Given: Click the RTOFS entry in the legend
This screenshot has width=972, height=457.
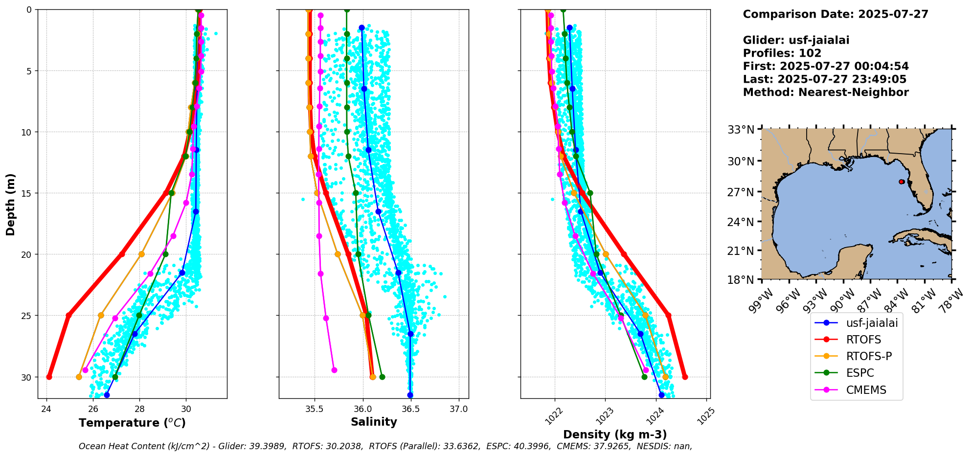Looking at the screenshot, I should click(863, 340).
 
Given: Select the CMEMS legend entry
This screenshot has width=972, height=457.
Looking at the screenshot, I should click(866, 390).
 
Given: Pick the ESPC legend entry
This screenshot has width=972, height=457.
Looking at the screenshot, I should click(859, 373).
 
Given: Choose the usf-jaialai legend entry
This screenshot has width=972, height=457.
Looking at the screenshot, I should click(872, 323).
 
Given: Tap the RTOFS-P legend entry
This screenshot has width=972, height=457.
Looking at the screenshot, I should click(869, 356).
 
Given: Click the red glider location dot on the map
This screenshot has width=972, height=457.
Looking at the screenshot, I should click(902, 182).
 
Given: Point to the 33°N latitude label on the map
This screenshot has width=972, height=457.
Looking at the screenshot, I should click(741, 130).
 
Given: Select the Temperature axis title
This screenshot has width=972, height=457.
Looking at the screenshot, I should click(132, 423).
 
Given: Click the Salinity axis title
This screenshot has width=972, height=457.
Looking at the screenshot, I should click(374, 422).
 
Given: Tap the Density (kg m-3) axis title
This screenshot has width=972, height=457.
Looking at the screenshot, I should click(615, 434).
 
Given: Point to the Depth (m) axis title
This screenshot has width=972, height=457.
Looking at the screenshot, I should click(11, 204).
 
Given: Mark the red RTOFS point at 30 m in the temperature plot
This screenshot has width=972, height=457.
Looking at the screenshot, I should click(49, 377).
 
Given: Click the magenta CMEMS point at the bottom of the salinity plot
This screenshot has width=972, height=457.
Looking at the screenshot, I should click(334, 370).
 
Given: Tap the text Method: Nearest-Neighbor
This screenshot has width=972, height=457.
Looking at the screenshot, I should click(825, 92).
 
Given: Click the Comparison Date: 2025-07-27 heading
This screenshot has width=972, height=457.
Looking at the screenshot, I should click(835, 14).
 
